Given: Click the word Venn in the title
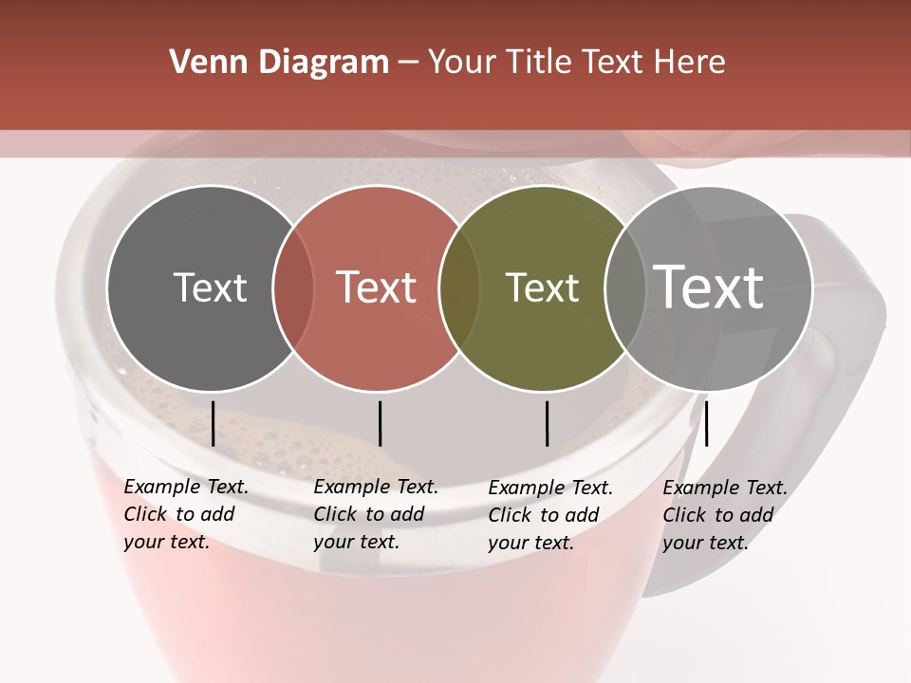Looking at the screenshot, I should point(201,63).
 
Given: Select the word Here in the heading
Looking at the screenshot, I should point(693,63).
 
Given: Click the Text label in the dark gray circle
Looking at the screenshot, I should point(210,288).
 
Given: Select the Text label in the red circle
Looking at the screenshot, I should point(377,288).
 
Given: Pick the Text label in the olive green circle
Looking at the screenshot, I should point(543,288).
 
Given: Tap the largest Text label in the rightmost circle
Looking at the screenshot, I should point(709,288).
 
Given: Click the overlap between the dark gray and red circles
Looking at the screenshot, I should point(293,288).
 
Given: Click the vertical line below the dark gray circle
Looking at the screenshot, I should point(213,423).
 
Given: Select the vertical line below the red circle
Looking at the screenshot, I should point(380,423).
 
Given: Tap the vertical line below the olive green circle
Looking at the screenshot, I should point(547,423).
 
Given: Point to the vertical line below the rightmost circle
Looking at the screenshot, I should point(706,423).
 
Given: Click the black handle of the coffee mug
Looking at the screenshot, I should point(849,379).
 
